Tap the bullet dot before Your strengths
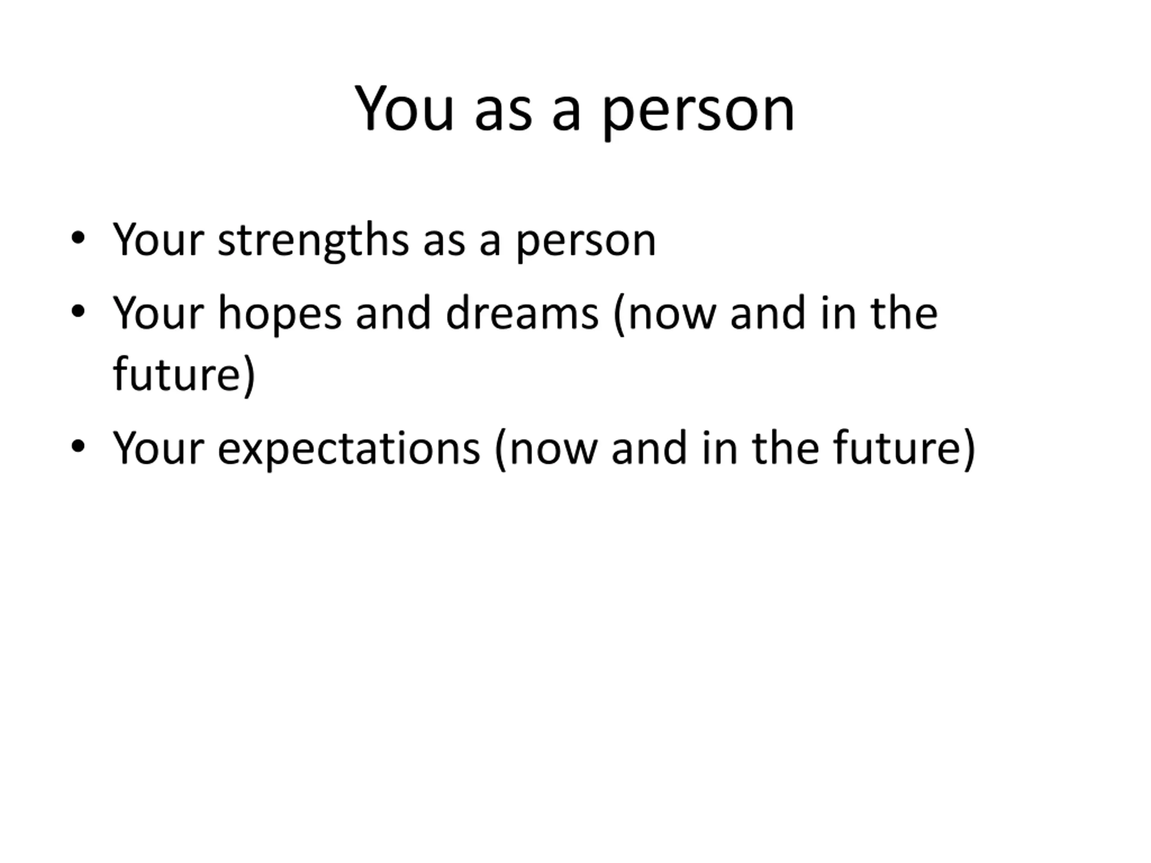78,239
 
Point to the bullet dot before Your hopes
78,311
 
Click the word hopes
279,314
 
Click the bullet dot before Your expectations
78,446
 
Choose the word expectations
348,449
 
